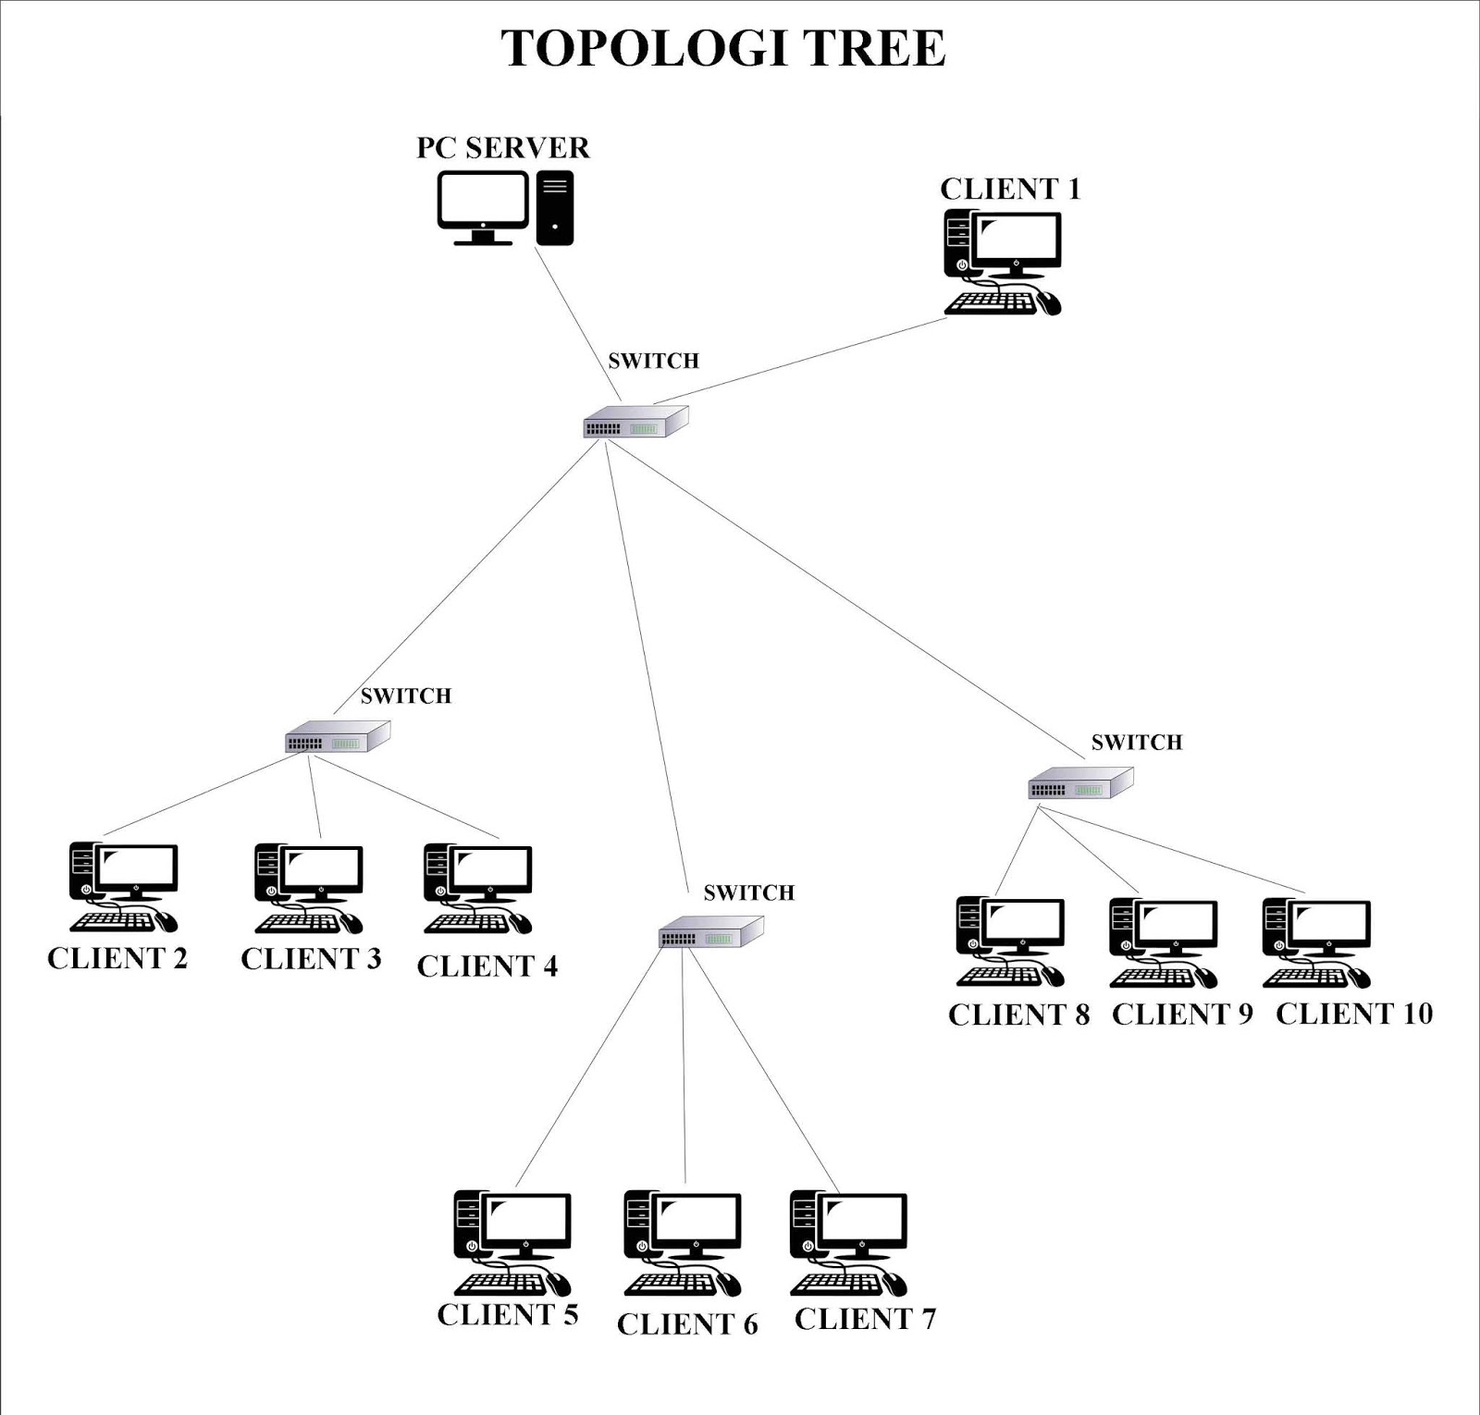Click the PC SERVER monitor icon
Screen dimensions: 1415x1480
pyautogui.click(x=482, y=204)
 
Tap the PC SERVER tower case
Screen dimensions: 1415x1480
pyautogui.click(x=555, y=207)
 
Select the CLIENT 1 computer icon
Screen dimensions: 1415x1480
pyautogui.click(x=1003, y=263)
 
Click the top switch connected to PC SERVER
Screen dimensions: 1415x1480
pyautogui.click(x=635, y=422)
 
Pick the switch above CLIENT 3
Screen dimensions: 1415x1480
pyautogui.click(x=338, y=737)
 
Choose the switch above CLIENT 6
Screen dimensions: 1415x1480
pyautogui.click(x=710, y=932)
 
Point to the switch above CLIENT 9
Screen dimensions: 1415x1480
pyautogui.click(x=1080, y=784)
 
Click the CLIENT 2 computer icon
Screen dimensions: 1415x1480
pyautogui.click(x=123, y=887)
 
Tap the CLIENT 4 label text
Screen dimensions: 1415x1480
pyautogui.click(x=487, y=966)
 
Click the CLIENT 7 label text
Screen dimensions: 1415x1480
pyautogui.click(x=865, y=1319)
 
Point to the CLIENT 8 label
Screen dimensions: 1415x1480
pyautogui.click(x=1018, y=1015)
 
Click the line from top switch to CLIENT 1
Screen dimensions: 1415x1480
pyautogui.click(x=800, y=362)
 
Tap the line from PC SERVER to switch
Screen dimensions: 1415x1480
pyautogui.click(x=578, y=324)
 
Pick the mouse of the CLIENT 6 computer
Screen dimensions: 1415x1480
pyautogui.click(x=727, y=1284)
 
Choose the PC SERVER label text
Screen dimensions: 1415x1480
pyautogui.click(x=503, y=148)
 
